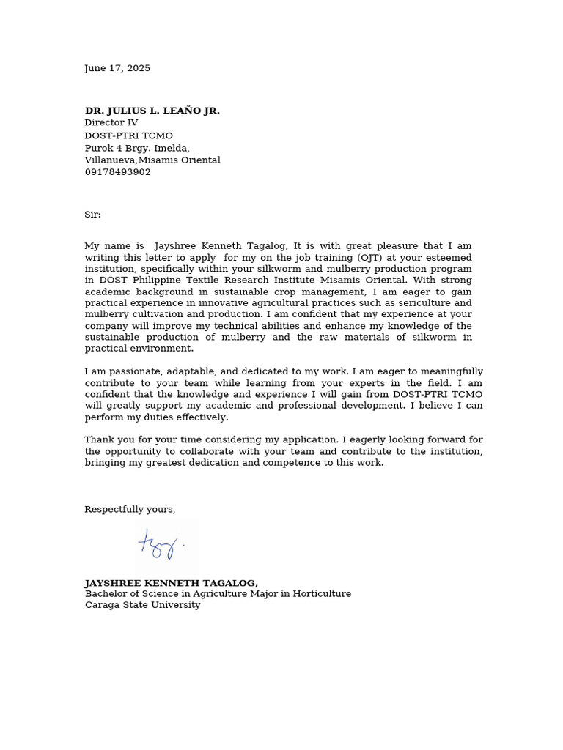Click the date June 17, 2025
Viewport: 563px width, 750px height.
coord(117,68)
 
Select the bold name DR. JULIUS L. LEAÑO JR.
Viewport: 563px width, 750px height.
coord(152,111)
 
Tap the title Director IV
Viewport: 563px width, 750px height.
coord(111,123)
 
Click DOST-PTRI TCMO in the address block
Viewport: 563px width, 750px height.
coord(128,135)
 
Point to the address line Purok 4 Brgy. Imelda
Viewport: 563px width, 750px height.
coord(137,148)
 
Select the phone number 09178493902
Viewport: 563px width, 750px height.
coord(117,172)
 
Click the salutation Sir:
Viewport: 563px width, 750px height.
coord(92,215)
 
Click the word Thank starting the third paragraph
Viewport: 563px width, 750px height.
coord(99,439)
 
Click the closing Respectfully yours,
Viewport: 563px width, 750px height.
coord(130,509)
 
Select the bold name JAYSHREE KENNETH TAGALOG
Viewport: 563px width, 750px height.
coord(170,583)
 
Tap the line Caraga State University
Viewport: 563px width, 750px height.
coord(142,605)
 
